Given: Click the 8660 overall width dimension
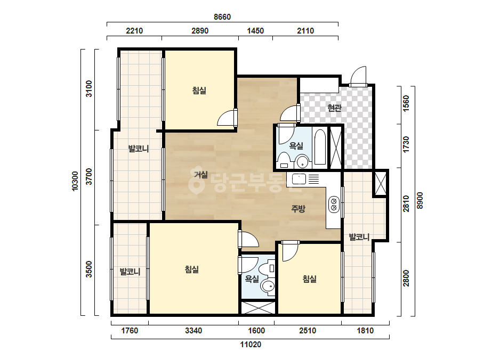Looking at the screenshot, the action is point(222,17).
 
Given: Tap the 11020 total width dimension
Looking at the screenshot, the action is point(251,345).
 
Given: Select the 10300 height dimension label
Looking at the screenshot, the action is point(75,181).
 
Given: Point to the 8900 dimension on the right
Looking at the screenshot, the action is point(420,200).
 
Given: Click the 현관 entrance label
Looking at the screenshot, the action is point(334,108).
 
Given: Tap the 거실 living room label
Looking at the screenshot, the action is point(201,174).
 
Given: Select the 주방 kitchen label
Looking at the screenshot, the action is point(298,209).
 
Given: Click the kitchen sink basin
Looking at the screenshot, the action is point(299,179).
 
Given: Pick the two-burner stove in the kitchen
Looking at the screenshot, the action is point(334,204).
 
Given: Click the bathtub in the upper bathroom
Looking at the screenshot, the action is point(320,146).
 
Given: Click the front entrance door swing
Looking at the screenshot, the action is point(358,76).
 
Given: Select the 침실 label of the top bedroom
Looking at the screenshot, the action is point(199,91).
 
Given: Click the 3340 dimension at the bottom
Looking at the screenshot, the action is point(193,331).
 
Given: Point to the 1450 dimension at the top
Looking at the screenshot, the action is point(255,31).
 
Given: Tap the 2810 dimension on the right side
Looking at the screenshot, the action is point(406,204).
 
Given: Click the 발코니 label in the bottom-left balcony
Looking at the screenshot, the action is point(130,272).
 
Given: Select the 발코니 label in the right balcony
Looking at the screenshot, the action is point(359,237).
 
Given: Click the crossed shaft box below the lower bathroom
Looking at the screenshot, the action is point(258,308).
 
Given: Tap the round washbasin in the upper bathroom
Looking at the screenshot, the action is point(302,162).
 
